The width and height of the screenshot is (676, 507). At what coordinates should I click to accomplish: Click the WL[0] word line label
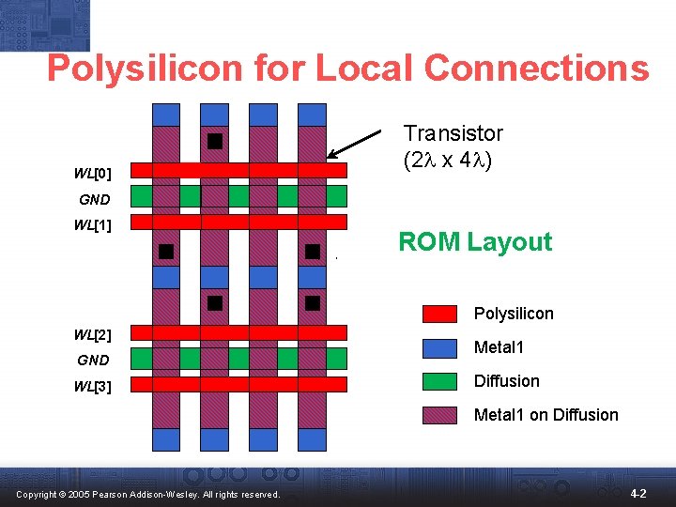[93, 174]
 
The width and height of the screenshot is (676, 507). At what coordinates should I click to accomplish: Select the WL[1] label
[93, 225]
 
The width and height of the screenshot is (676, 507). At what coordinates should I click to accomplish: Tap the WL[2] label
[93, 335]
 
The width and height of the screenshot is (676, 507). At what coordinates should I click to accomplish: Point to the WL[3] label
[93, 386]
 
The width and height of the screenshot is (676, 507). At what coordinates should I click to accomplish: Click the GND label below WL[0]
[94, 200]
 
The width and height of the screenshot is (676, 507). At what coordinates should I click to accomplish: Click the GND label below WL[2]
[94, 361]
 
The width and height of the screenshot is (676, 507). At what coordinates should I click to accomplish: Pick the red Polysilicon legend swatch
[439, 314]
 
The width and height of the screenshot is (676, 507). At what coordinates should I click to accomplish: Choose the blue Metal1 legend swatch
[439, 347]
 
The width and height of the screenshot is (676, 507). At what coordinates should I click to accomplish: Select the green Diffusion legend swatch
[439, 381]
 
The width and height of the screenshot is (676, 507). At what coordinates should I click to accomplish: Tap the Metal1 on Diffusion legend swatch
[439, 415]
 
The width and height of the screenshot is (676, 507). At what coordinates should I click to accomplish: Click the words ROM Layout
[475, 242]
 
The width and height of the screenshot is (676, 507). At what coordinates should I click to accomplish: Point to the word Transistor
[453, 133]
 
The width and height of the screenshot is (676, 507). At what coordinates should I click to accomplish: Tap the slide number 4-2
[638, 493]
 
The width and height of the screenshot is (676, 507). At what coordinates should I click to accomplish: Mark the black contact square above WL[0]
[215, 142]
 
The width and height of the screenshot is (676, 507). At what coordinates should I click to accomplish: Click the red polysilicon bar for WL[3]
[238, 384]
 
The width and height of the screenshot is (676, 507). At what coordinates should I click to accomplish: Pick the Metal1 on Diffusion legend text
[545, 415]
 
